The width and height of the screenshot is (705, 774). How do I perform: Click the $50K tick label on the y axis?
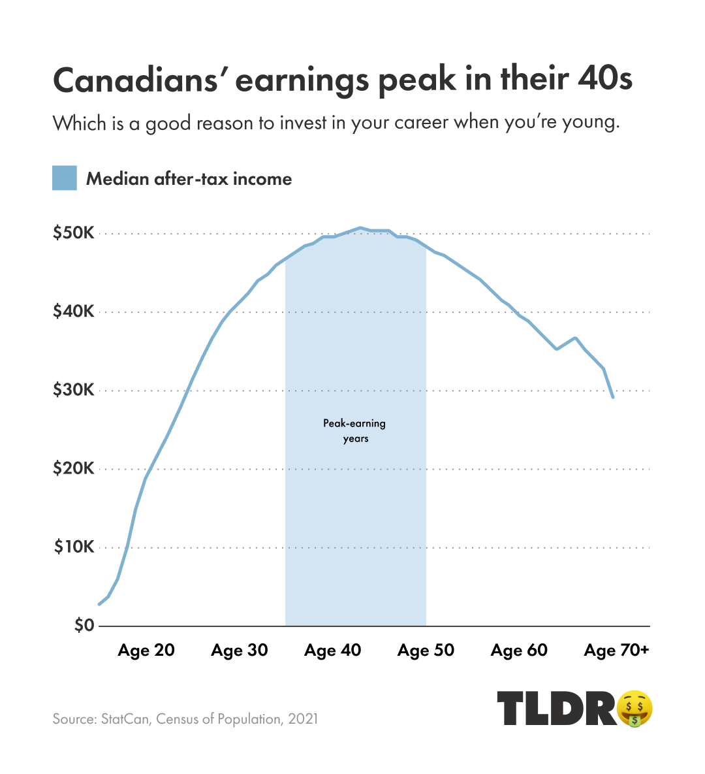(x=74, y=233)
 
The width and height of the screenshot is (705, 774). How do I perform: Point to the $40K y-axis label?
(x=74, y=312)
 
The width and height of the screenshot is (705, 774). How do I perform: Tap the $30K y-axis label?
(x=74, y=390)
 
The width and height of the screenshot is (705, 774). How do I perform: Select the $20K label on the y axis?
(x=74, y=468)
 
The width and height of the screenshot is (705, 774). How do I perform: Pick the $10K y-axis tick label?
(x=74, y=547)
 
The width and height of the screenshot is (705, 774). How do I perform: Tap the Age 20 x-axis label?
(x=146, y=651)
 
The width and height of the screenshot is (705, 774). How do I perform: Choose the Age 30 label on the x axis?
(x=240, y=651)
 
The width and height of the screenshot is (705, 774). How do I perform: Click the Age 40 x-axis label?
(x=333, y=651)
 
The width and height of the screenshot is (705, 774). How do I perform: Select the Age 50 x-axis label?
(x=426, y=651)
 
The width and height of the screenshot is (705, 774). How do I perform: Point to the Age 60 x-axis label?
(x=520, y=651)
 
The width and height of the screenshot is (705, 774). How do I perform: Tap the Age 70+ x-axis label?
(x=617, y=651)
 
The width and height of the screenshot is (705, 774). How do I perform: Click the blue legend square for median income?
(x=65, y=178)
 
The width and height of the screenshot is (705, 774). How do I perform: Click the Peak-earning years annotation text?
(x=355, y=430)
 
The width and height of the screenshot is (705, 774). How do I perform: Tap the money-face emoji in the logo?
(x=634, y=708)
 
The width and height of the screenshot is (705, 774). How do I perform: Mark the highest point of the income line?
(x=360, y=227)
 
